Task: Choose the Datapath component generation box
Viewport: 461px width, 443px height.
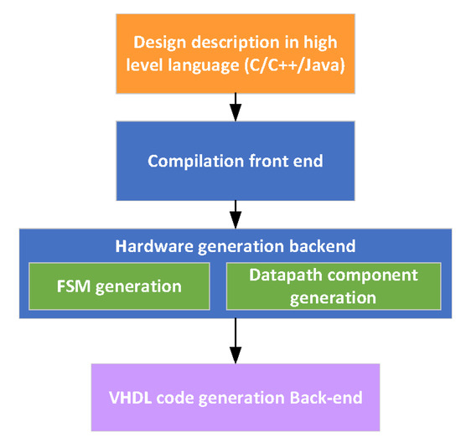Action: tap(333, 286)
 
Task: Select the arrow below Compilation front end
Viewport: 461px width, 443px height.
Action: tap(236, 215)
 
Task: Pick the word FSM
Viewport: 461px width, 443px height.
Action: tap(70, 286)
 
